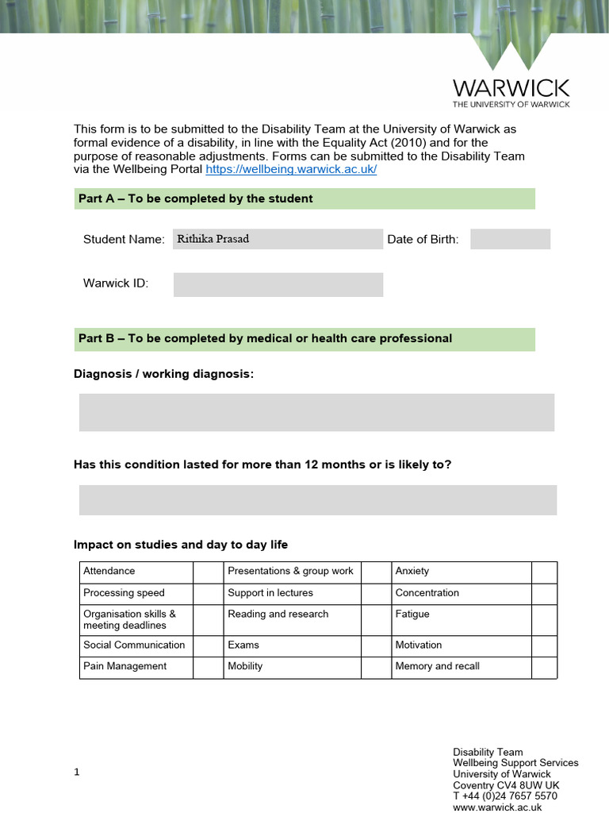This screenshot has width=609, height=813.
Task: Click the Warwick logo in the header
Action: click(511, 75)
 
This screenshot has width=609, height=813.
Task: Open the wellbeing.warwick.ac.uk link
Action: click(291, 170)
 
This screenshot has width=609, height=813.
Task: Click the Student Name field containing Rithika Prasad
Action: click(278, 239)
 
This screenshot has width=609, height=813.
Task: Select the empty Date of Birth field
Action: click(510, 239)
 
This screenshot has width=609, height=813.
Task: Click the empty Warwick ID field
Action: click(278, 284)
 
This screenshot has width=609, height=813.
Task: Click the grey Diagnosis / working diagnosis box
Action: click(316, 412)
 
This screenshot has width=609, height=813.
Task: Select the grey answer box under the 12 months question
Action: click(317, 500)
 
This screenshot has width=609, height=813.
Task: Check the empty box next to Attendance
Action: click(208, 572)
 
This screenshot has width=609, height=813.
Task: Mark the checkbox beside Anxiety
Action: click(544, 572)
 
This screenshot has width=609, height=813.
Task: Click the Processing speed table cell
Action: click(136, 593)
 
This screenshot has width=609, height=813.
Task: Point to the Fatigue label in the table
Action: click(412, 614)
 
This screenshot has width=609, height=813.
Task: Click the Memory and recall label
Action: click(437, 666)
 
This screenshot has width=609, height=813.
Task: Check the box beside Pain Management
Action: click(208, 666)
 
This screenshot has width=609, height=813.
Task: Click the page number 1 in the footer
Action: click(77, 772)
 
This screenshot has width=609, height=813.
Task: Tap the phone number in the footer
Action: click(504, 796)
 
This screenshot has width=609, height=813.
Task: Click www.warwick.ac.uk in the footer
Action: click(497, 807)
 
